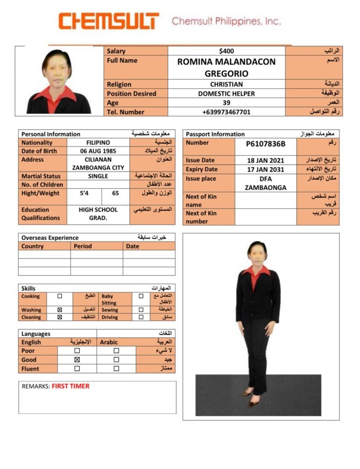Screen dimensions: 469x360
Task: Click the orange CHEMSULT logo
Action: click(x=109, y=21)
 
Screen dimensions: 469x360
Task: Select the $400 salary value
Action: click(x=226, y=51)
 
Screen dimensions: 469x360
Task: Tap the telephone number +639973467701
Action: click(x=226, y=112)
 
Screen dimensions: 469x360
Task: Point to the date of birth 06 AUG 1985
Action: click(x=98, y=151)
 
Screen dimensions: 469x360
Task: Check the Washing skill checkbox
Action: click(x=60, y=310)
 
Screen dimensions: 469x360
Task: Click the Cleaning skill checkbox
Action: click(x=60, y=317)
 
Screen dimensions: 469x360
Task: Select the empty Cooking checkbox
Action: click(x=60, y=296)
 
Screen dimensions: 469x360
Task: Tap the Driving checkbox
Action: click(x=141, y=317)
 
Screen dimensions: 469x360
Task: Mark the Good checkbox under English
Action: click(x=77, y=360)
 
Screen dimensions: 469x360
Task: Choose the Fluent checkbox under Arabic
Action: click(x=116, y=368)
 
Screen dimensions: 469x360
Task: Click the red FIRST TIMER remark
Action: click(x=71, y=386)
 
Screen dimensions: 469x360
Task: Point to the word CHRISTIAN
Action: click(x=226, y=84)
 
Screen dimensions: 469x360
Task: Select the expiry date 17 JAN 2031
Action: click(x=266, y=169)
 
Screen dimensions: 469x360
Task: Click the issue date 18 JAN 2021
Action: click(x=266, y=160)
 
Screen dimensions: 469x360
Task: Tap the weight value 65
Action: click(x=115, y=193)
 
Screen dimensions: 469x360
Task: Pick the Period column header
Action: click(x=82, y=246)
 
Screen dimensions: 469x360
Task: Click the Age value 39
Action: click(x=226, y=103)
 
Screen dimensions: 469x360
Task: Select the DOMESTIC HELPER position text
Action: click(x=226, y=93)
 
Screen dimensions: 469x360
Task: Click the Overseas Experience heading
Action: click(x=50, y=238)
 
